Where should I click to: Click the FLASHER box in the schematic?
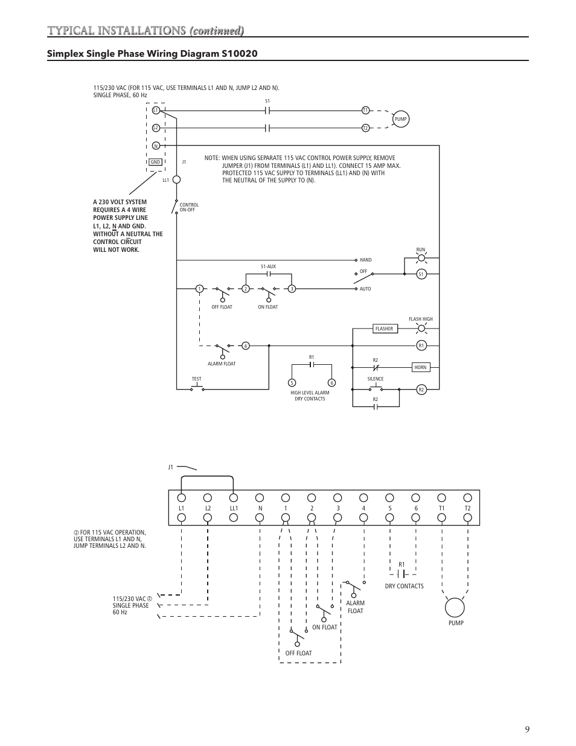(384, 329)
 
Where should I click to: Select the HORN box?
(420, 367)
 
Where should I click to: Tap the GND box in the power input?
(156, 162)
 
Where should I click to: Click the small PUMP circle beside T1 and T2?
(401, 119)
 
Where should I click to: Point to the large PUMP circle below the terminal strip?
(455, 606)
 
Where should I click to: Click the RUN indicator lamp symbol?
(421, 259)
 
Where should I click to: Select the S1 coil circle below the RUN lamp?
(421, 274)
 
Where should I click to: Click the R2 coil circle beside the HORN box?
(421, 390)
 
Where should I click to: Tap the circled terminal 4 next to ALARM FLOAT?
(246, 346)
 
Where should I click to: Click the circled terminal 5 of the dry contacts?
(292, 382)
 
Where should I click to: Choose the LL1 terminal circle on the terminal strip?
(233, 498)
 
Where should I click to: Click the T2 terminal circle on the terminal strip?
(467, 498)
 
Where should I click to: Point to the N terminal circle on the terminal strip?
(260, 498)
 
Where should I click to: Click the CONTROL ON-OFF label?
(189, 207)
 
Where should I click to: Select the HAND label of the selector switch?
(365, 260)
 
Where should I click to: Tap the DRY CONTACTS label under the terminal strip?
(404, 586)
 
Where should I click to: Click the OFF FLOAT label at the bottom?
(299, 653)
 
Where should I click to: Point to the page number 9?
(527, 729)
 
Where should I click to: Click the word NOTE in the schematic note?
(211, 158)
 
